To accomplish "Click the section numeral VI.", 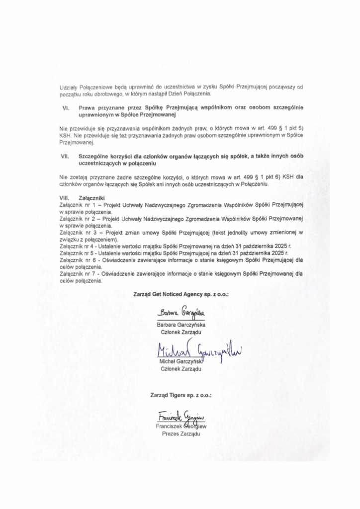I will coord(64,107).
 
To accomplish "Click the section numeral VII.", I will coord(65,156).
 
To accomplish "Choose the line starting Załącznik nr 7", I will coord(181,273).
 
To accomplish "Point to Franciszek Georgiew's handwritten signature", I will coord(181,417).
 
